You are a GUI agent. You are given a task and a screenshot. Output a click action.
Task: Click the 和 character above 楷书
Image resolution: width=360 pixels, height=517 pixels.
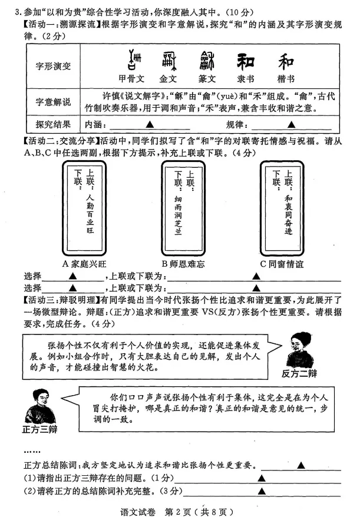(x=286, y=61)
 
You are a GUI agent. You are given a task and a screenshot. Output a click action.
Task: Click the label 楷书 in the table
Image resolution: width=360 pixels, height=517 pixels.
(x=286, y=78)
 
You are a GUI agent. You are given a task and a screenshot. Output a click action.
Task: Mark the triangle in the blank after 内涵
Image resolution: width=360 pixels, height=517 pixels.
(x=150, y=124)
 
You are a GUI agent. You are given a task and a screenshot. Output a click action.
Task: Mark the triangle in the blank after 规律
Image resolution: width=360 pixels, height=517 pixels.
(x=290, y=124)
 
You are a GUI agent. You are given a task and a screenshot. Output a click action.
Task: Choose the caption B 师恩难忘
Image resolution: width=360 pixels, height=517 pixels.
(x=188, y=264)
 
